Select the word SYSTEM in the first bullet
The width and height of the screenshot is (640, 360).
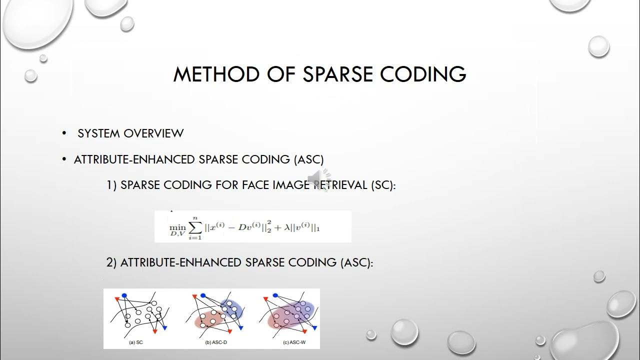click(x=98, y=133)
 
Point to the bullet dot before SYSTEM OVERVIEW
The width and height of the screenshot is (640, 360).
click(x=64, y=133)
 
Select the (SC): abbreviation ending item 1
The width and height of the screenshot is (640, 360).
click(x=383, y=185)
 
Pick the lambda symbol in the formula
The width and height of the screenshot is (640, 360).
click(x=287, y=228)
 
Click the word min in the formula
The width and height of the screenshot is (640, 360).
click(x=177, y=226)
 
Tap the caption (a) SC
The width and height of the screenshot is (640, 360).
click(x=136, y=343)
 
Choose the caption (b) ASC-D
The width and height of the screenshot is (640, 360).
click(x=215, y=343)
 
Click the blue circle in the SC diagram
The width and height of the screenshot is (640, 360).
click(x=124, y=295)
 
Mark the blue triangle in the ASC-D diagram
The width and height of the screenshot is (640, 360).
click(x=241, y=328)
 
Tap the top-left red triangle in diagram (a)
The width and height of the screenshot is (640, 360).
click(x=116, y=299)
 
